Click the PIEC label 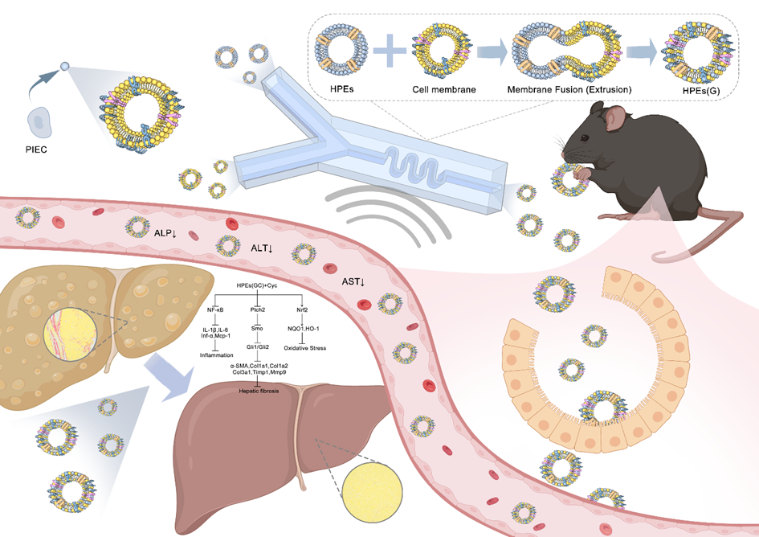click(x=36, y=150)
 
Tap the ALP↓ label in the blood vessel click(x=165, y=233)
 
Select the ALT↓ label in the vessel click(x=261, y=248)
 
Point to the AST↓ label click(x=353, y=281)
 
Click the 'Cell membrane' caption click(x=444, y=90)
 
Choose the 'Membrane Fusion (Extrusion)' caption click(x=569, y=90)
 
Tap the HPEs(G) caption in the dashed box click(x=701, y=91)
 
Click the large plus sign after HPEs click(x=390, y=51)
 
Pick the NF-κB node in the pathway click(x=215, y=309)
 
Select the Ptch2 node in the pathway click(x=258, y=309)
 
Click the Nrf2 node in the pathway click(x=302, y=309)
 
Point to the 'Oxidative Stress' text click(x=305, y=348)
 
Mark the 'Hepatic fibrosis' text click(x=259, y=391)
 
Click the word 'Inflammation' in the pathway click(x=216, y=355)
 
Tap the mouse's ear click(x=615, y=118)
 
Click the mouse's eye click(x=586, y=138)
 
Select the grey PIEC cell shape click(x=39, y=123)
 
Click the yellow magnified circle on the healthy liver click(x=372, y=492)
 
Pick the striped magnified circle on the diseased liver click(x=71, y=334)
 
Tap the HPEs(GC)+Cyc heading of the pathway click(x=257, y=285)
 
